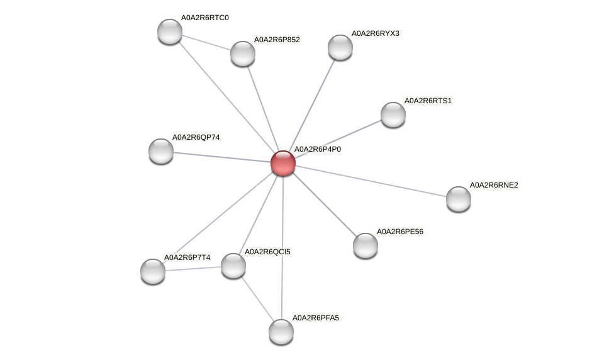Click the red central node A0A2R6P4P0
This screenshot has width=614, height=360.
point(282,163)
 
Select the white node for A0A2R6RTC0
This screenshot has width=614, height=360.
point(169,31)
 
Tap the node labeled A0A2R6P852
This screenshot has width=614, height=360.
point(242,53)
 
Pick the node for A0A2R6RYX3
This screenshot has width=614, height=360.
point(340,47)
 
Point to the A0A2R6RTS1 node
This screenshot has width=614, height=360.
point(393,114)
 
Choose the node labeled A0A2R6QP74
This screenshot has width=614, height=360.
point(160,150)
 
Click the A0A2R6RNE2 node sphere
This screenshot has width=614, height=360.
point(458,199)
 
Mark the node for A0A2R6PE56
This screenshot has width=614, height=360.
point(365,245)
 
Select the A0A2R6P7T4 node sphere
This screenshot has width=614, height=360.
point(153,271)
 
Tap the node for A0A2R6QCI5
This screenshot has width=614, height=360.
point(233,266)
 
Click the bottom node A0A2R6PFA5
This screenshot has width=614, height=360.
point(281,331)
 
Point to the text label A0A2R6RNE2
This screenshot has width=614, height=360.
point(494,185)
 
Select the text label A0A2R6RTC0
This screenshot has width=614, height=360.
point(205,18)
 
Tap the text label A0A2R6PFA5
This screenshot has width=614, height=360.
point(315,318)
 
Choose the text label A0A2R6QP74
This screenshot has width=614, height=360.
point(196,137)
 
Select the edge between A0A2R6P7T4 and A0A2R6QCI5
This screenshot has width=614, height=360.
point(193,268)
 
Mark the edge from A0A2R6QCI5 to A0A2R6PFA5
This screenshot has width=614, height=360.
point(257,298)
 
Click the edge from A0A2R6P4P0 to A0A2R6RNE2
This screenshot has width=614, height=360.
point(371,181)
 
